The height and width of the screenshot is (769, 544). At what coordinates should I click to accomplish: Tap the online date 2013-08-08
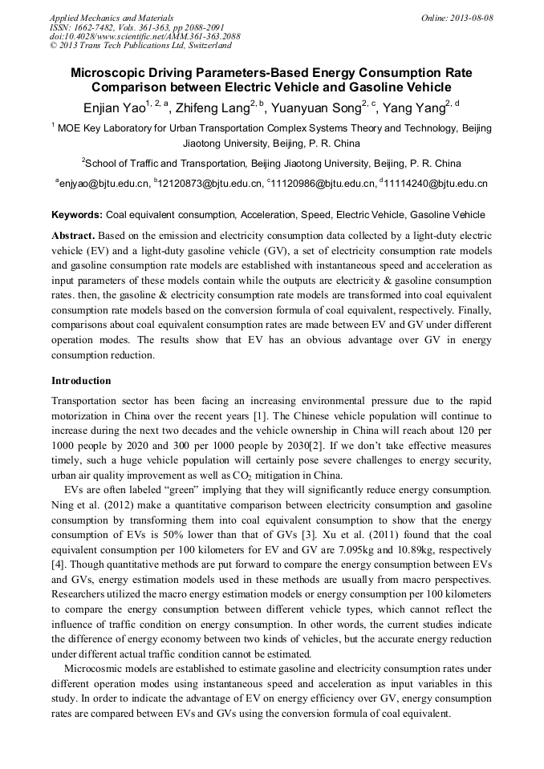[468, 18]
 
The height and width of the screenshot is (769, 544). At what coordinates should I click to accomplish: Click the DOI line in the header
[144, 37]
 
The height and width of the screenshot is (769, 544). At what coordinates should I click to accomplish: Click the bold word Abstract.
[74, 237]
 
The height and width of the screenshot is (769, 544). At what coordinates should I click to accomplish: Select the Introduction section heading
[81, 380]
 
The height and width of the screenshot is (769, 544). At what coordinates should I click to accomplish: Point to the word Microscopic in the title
[113, 73]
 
